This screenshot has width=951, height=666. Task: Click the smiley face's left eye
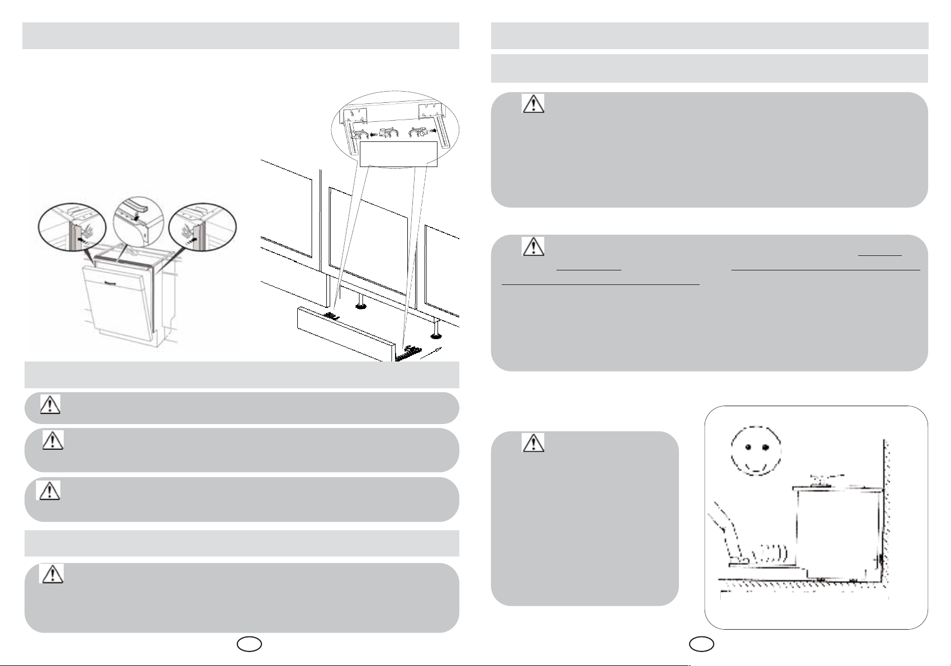click(x=746, y=447)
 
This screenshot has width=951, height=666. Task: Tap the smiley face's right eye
click(x=764, y=447)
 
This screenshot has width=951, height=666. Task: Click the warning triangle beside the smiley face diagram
click(x=534, y=443)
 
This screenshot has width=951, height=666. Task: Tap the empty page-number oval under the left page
click(x=249, y=644)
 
